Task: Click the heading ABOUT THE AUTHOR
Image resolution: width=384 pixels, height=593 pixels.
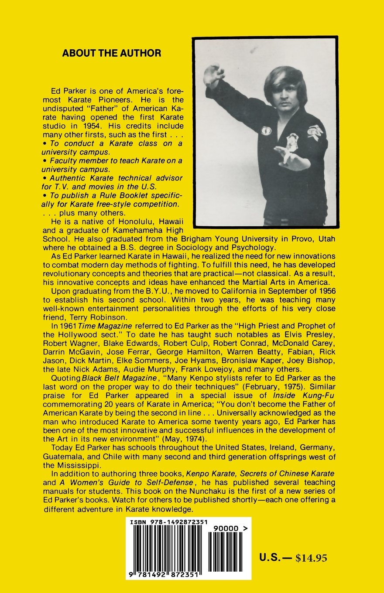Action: click(111, 53)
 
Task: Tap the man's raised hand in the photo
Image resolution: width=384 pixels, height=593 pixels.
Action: click(213, 75)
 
